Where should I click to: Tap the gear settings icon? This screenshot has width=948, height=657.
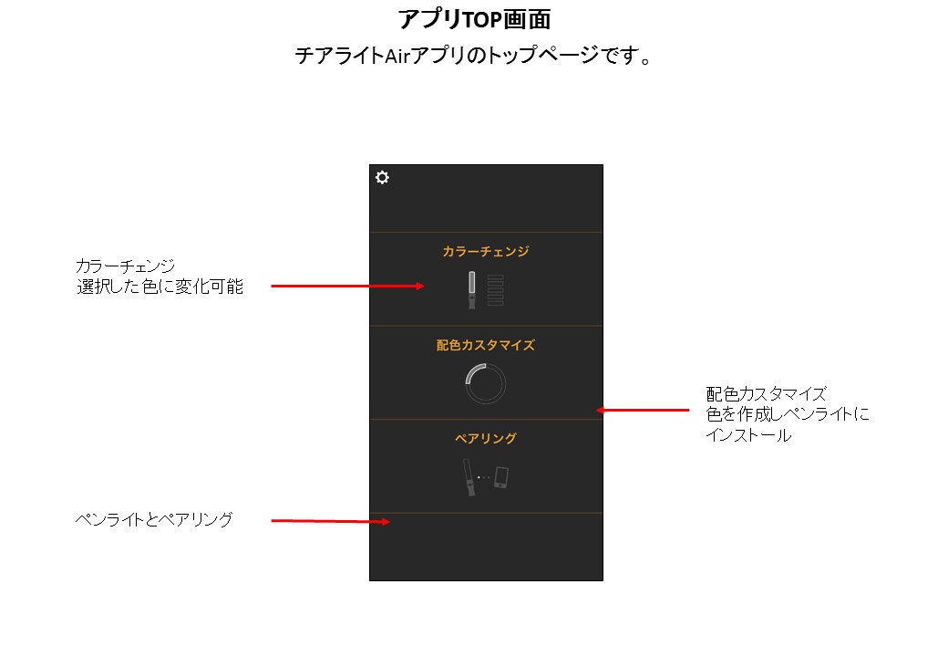382,177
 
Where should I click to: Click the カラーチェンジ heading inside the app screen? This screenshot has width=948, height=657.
486,251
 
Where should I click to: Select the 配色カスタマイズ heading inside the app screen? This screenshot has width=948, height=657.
486,345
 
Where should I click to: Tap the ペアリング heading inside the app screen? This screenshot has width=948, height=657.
486,438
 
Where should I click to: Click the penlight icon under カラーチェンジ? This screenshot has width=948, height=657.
471,290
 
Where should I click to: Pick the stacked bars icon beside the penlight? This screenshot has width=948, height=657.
495,290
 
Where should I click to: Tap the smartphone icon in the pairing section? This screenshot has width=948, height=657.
501,477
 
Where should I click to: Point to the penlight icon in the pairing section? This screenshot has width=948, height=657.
469,477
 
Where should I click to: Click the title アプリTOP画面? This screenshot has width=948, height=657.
475,19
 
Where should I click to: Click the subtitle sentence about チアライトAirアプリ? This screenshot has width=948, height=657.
473,56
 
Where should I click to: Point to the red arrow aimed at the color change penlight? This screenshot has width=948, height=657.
347,287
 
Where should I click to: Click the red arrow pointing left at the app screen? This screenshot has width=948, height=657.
643,411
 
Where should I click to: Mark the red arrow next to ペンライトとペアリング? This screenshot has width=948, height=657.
331,521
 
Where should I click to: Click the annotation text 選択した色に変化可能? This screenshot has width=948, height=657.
160,287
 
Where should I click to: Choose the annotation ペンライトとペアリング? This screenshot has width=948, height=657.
154,520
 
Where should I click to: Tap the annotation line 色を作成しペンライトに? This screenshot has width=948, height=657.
788,413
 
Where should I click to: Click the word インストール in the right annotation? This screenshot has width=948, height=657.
748,435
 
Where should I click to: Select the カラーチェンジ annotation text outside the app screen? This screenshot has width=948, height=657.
125,266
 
